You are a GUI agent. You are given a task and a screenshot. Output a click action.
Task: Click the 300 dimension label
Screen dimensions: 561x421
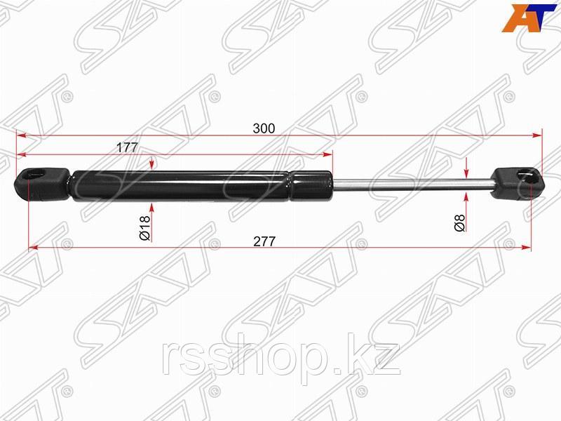coord(264,128)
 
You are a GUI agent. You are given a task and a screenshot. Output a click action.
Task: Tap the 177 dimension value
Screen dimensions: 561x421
coord(127,147)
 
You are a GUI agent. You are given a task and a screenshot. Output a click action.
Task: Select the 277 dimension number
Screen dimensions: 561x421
coord(264,241)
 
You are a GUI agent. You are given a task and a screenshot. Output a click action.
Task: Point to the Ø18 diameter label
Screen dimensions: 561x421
coord(145,228)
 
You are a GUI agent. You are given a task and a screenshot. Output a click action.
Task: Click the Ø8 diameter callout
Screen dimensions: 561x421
coord(460,222)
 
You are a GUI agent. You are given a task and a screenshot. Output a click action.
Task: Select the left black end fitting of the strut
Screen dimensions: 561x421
coord(42,185)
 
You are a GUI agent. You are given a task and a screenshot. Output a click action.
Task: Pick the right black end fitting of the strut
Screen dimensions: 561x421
coord(518,184)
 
